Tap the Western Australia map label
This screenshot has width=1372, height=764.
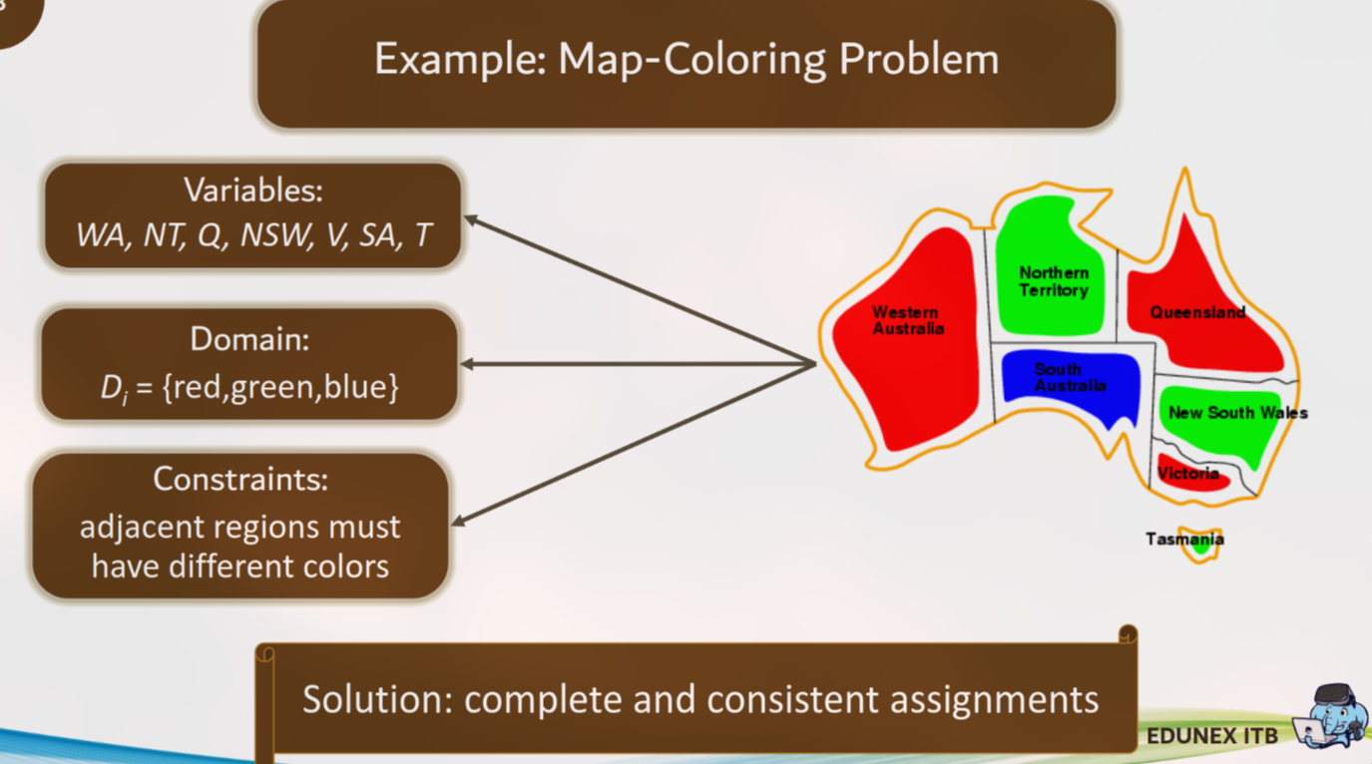[x=908, y=320]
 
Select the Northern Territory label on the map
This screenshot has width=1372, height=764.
[x=1054, y=281]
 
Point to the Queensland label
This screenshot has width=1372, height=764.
[x=1197, y=312]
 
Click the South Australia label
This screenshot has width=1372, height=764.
[x=1070, y=377]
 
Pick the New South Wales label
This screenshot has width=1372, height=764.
[x=1238, y=413]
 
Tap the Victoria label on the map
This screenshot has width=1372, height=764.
[x=1187, y=473]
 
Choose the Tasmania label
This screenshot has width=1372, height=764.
[x=1184, y=539]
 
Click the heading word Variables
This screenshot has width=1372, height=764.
[x=253, y=190]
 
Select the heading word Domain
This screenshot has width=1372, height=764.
[x=249, y=338]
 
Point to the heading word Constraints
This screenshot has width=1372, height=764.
[x=240, y=479]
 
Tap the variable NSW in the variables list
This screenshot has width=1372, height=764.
[x=276, y=235]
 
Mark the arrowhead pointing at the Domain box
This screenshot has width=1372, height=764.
[x=466, y=364]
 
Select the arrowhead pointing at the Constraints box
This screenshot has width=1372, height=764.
[x=458, y=521]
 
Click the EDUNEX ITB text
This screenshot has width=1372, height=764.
[x=1212, y=736]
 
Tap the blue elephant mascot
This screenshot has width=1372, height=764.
[x=1332, y=716]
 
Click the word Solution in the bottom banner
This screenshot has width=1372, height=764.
[x=378, y=699]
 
